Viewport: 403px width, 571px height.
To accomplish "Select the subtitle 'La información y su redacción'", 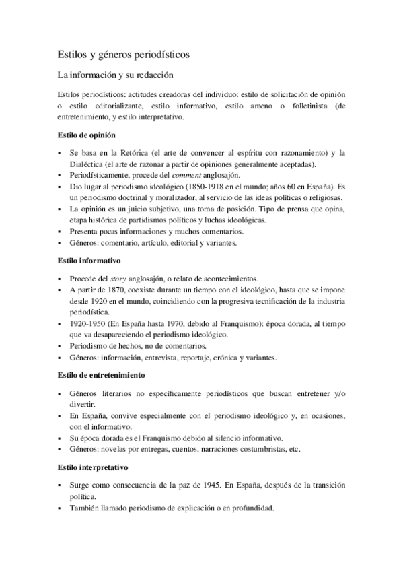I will pos(116,75).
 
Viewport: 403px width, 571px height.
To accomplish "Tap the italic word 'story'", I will pos(120,278).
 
